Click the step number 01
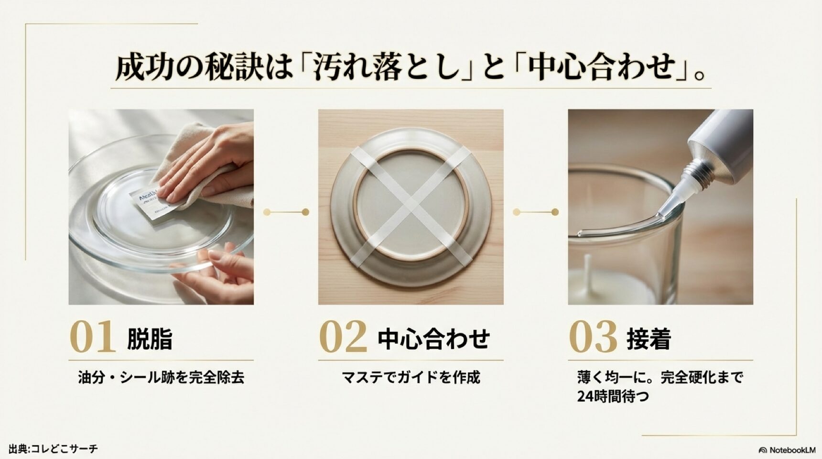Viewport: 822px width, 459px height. click(x=93, y=337)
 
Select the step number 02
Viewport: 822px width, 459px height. click(x=343, y=337)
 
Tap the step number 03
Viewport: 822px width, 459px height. click(x=593, y=337)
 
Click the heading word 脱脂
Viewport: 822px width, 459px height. click(x=150, y=339)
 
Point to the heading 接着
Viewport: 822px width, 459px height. click(x=649, y=339)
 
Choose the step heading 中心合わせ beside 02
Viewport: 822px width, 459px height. click(x=433, y=339)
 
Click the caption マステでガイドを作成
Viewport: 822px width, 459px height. click(x=411, y=378)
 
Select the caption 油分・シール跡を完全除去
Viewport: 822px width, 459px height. click(x=161, y=378)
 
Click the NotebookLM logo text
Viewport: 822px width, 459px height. click(x=791, y=450)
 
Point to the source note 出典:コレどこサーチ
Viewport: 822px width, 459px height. click(x=53, y=448)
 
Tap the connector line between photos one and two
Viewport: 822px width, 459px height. click(x=286, y=212)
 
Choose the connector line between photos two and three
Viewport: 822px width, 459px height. click(x=536, y=212)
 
